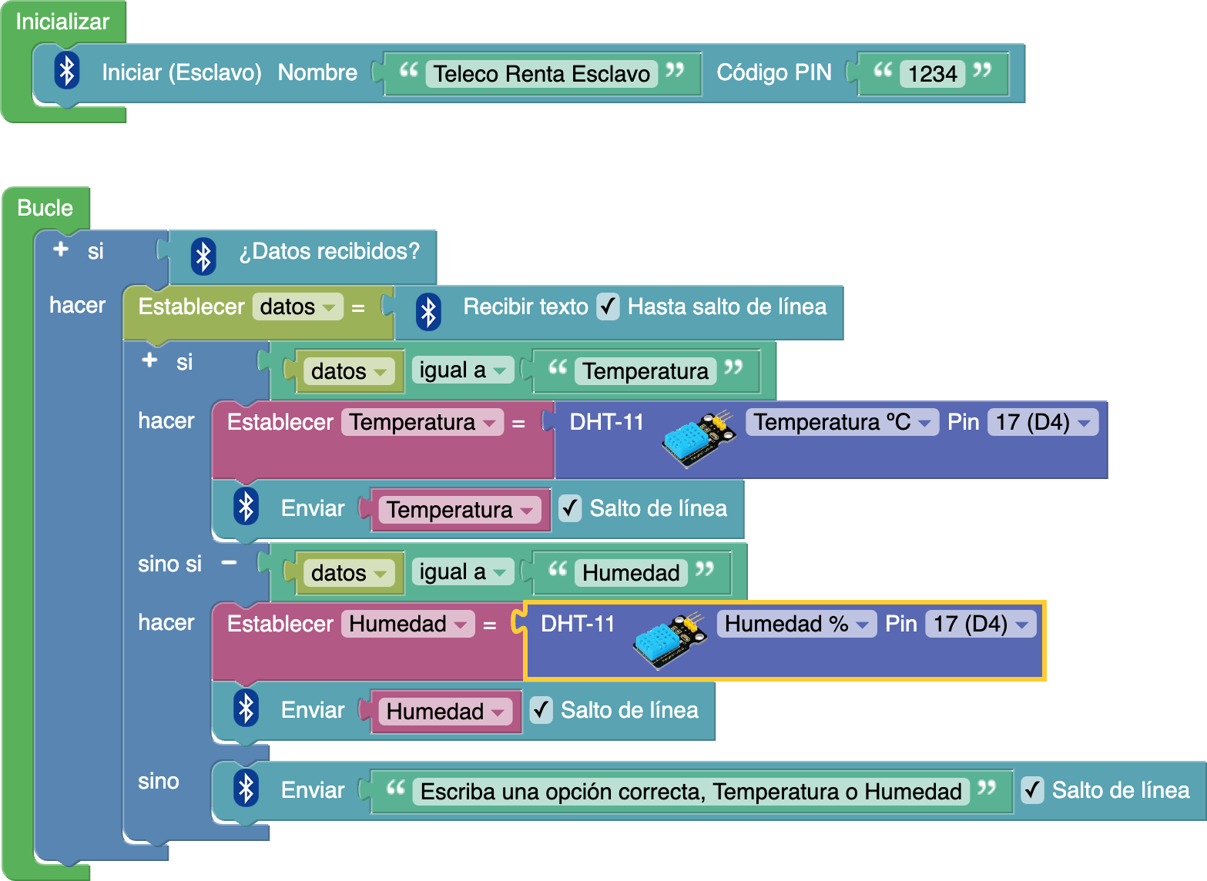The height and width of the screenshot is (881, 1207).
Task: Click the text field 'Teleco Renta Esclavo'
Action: pyautogui.click(x=541, y=74)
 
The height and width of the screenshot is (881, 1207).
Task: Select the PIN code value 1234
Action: pyautogui.click(x=932, y=74)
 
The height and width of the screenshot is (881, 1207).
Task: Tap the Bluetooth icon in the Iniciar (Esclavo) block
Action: pyautogui.click(x=68, y=72)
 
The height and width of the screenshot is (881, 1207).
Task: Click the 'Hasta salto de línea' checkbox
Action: pyautogui.click(x=608, y=307)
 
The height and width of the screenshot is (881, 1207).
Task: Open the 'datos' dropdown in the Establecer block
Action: pyautogui.click(x=297, y=307)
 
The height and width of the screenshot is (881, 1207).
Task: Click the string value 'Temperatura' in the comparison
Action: pyautogui.click(x=645, y=371)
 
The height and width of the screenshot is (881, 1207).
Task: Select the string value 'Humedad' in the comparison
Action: pyautogui.click(x=630, y=573)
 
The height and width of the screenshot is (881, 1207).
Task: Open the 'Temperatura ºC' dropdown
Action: pyautogui.click(x=842, y=422)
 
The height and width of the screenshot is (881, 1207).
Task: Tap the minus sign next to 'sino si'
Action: pyautogui.click(x=229, y=563)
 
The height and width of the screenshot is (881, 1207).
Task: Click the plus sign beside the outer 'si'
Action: pyautogui.click(x=61, y=250)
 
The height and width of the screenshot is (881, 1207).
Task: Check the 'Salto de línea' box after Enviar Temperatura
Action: pyautogui.click(x=570, y=508)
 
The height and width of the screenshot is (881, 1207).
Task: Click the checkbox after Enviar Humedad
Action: pyautogui.click(x=541, y=710)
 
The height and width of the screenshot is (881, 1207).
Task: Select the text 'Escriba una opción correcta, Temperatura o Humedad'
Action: pyautogui.click(x=691, y=792)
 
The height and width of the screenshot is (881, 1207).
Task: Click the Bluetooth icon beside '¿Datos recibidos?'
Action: pyautogui.click(x=203, y=256)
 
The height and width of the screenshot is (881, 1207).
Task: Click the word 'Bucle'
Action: pyautogui.click(x=45, y=208)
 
